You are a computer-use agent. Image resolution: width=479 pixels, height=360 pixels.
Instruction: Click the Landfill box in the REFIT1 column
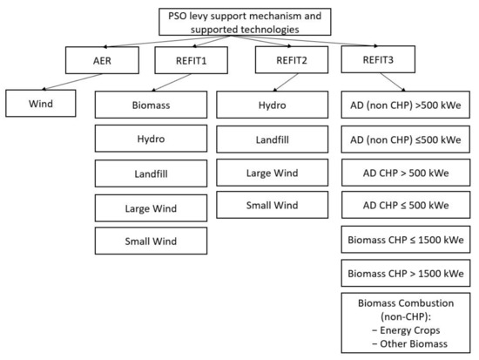point(149,174)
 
